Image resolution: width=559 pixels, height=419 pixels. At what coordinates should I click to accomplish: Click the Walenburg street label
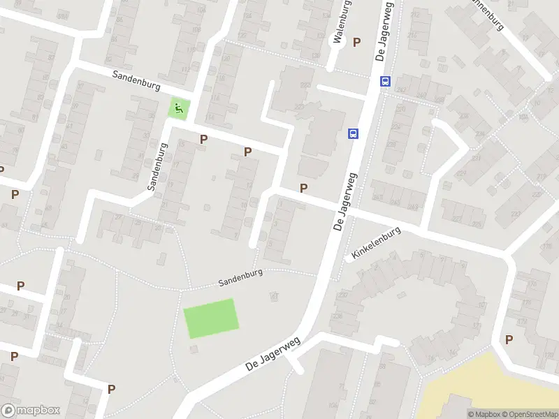click(341, 21)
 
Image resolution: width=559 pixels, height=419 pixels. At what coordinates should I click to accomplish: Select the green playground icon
click(180, 108)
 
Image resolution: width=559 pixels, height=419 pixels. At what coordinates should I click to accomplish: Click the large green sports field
click(211, 318)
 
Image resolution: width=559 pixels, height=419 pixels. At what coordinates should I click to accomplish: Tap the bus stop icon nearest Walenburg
click(385, 81)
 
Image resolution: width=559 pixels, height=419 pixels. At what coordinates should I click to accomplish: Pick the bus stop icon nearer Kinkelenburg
click(354, 133)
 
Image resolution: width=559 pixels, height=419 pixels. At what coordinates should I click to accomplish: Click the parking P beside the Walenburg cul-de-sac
click(357, 42)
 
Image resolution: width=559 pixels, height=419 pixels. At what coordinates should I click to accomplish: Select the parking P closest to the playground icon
click(203, 139)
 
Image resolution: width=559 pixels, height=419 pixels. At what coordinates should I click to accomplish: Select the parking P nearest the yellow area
click(509, 339)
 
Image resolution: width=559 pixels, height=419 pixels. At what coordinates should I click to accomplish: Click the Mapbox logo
click(31, 410)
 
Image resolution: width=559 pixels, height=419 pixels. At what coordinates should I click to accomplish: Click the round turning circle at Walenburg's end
click(337, 42)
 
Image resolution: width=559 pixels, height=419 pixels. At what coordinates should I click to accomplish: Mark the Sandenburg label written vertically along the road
click(158, 168)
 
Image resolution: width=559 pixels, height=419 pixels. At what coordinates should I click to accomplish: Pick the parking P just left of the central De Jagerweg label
click(303, 188)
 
